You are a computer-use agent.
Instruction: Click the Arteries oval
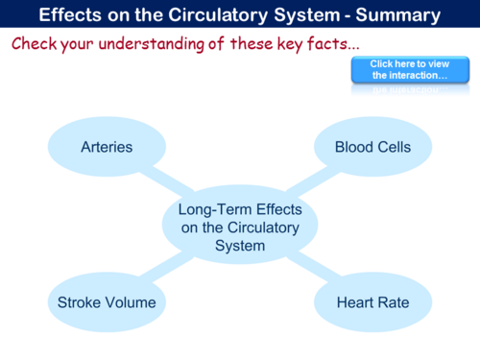pyautogui.click(x=106, y=147)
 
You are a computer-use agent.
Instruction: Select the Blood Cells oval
pyautogui.click(x=372, y=147)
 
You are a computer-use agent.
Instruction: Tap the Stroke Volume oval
pyautogui.click(x=106, y=302)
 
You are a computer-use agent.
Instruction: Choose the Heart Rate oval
pyautogui.click(x=372, y=302)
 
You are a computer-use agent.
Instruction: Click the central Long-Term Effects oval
pyautogui.click(x=239, y=227)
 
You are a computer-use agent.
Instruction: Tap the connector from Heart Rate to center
pyautogui.click(x=312, y=270)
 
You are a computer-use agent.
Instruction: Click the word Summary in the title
pyautogui.click(x=396, y=15)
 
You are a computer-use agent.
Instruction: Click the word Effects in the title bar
pyautogui.click(x=71, y=15)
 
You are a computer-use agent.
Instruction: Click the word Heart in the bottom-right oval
pyautogui.click(x=354, y=302)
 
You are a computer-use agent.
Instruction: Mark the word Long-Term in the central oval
pyautogui.click(x=212, y=208)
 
